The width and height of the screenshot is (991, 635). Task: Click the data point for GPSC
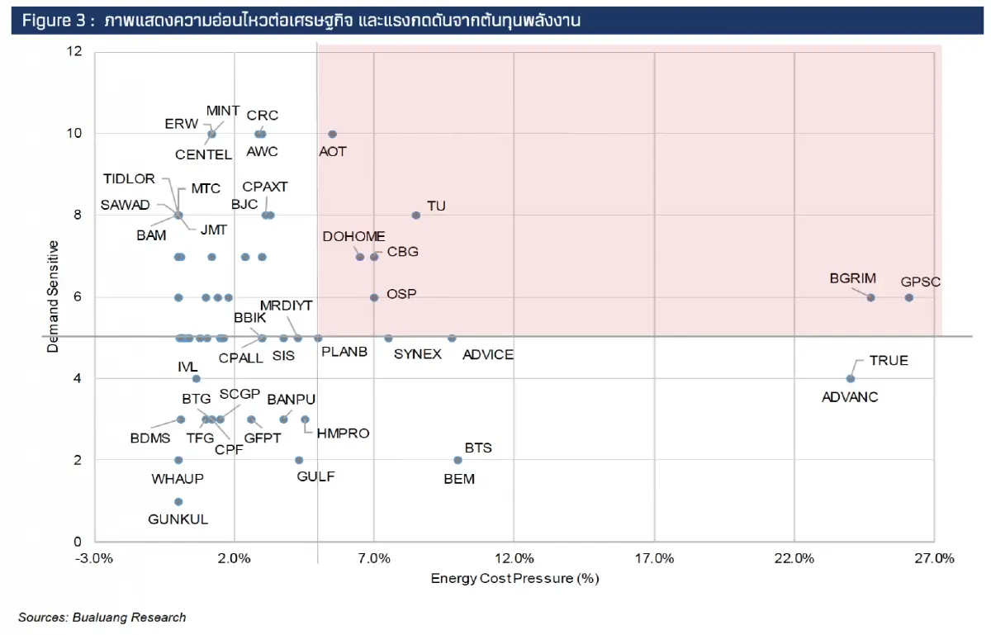(x=908, y=297)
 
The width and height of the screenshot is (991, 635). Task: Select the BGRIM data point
(x=870, y=297)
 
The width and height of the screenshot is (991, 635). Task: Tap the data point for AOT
(x=332, y=134)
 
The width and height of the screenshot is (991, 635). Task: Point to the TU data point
(x=416, y=215)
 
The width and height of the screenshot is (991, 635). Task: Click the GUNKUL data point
(x=178, y=501)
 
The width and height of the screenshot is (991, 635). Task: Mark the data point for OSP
(x=374, y=297)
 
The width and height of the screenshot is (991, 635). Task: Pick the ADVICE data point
(x=452, y=338)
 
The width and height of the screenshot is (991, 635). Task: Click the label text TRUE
(x=889, y=361)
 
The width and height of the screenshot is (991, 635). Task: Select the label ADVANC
(x=850, y=397)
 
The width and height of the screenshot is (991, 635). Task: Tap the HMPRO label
(x=343, y=434)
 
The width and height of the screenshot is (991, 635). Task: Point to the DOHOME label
(x=354, y=237)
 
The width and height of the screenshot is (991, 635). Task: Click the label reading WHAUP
(x=177, y=479)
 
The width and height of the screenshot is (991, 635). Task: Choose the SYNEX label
(x=417, y=354)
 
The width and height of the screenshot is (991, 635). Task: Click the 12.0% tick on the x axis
(x=514, y=558)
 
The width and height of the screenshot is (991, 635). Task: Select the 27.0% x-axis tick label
(x=933, y=558)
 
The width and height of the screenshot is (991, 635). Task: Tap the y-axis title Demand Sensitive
(x=53, y=296)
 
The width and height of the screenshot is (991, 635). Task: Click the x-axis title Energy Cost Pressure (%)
(x=514, y=578)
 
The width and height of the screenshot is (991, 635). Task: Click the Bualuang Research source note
(x=102, y=617)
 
